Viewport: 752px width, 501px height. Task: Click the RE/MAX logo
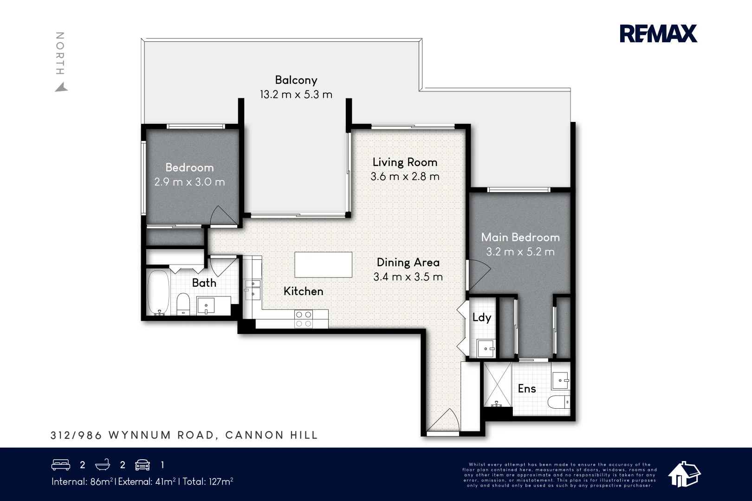click(658, 34)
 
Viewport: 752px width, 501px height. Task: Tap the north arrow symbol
click(61, 87)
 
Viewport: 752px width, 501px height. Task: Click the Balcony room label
click(296, 80)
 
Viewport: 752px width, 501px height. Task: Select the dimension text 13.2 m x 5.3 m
click(296, 95)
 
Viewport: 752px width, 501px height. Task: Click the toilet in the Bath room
click(183, 304)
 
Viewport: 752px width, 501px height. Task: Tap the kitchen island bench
click(323, 264)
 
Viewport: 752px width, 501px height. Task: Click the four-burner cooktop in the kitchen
click(304, 319)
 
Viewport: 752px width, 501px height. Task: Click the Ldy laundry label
click(481, 317)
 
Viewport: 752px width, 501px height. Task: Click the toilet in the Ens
click(559, 401)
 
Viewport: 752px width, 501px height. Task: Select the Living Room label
click(405, 162)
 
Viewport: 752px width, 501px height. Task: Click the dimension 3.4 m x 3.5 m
click(408, 277)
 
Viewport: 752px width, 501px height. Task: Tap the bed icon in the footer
click(61, 465)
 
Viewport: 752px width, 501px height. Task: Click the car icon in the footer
click(143, 465)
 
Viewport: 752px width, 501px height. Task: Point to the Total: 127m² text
click(207, 482)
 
